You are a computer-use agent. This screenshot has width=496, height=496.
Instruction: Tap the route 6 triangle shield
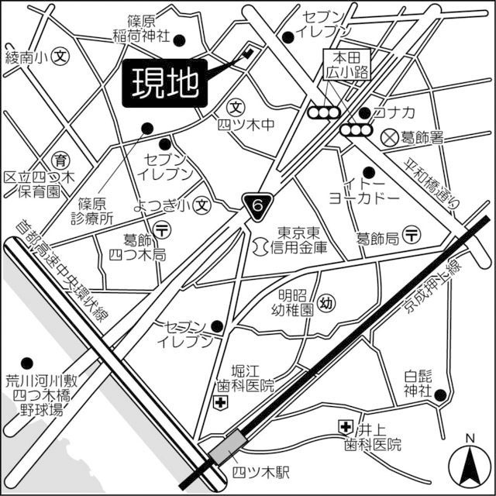click(258, 205)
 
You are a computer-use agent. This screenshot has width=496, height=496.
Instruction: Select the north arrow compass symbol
click(469, 462)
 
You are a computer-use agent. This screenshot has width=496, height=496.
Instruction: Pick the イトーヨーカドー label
click(363, 191)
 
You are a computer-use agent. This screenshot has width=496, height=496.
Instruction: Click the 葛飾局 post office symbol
click(412, 235)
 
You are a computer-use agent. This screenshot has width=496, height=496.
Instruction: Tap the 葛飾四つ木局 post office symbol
click(163, 229)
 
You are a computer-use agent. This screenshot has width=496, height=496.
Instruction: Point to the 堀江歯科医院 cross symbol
click(221, 402)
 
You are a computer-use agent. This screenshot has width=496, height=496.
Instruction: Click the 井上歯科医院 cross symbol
click(344, 426)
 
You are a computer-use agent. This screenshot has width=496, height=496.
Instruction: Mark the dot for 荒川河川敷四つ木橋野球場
click(29, 362)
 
